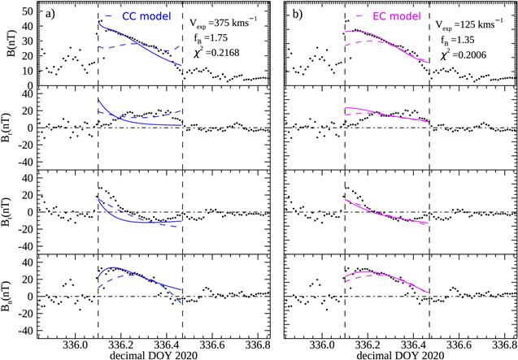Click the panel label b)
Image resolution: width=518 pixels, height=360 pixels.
tap(296, 14)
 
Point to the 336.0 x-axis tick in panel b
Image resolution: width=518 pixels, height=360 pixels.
tap(321, 344)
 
